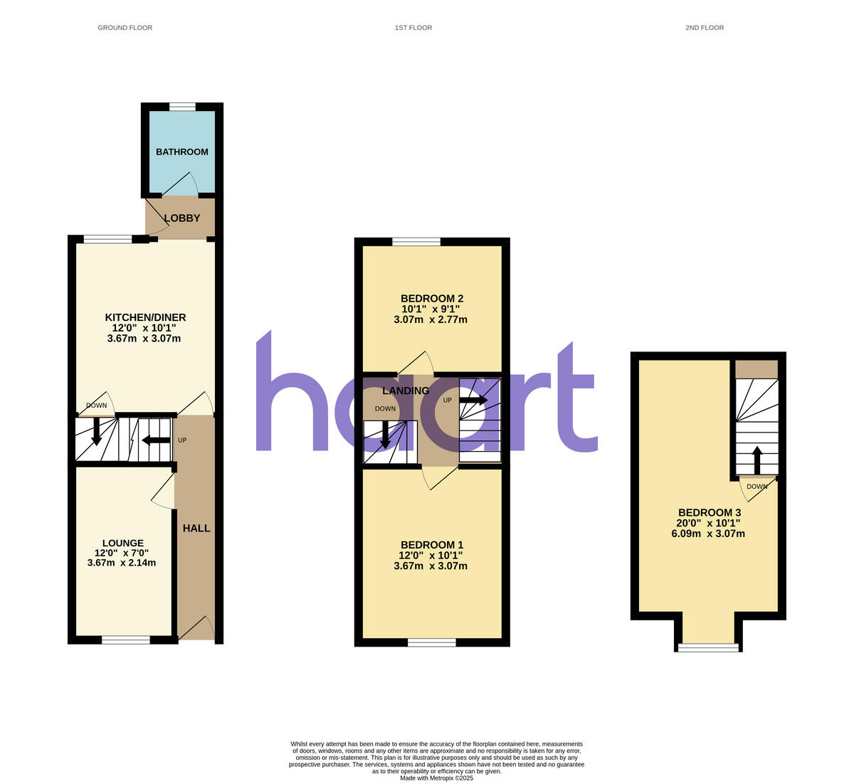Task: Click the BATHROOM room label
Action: coord(182,152)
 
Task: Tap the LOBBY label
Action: coord(182,218)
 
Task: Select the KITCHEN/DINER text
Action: coord(145,317)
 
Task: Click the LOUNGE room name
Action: coord(122,543)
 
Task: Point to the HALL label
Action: coord(196,529)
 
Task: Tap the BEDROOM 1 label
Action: coord(430,544)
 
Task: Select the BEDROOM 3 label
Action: coord(710,513)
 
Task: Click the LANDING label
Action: coord(406,391)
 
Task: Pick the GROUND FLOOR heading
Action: coord(125,28)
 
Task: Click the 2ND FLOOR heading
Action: coord(705,28)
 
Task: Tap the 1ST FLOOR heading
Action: coord(413,28)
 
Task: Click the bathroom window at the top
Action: coord(182,107)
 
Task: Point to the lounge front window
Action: coord(126,640)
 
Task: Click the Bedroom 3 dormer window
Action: coord(708,647)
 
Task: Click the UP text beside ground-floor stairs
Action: coord(182,440)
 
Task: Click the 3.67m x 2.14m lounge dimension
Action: coord(122,563)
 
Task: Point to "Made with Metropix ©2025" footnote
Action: coord(436,778)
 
